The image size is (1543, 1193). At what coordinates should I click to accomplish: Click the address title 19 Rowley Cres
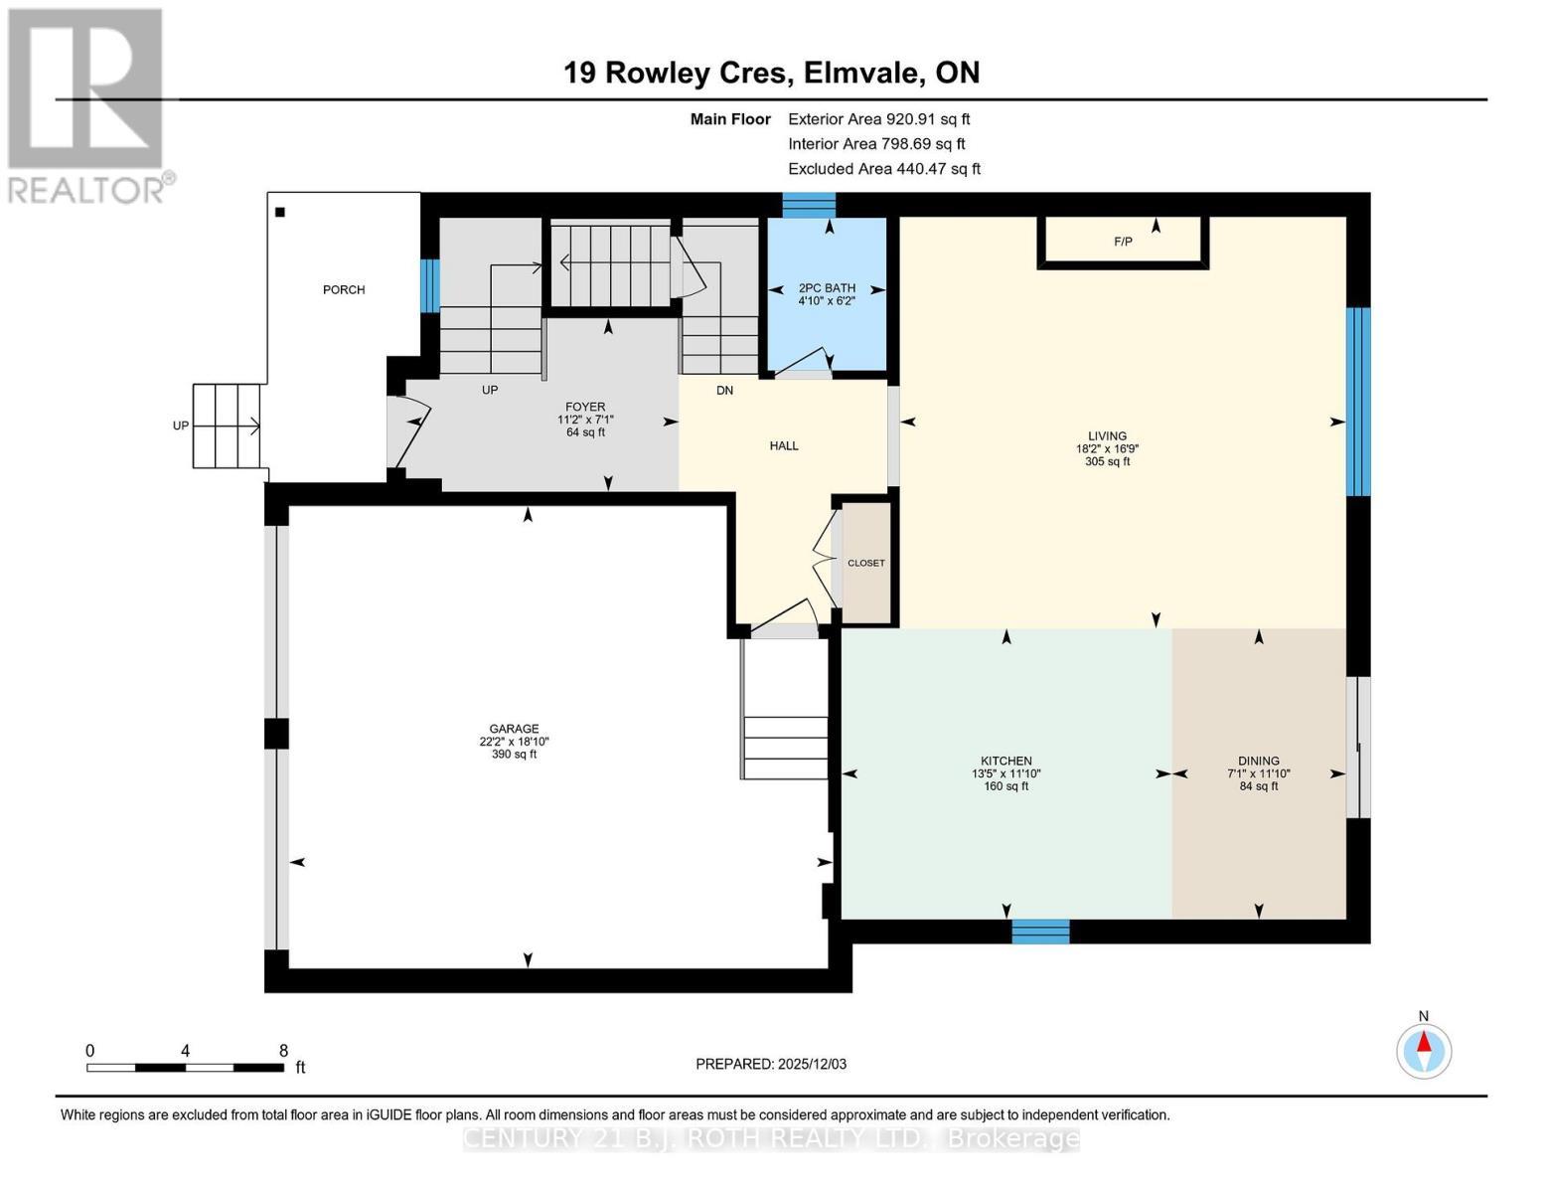[x=771, y=73]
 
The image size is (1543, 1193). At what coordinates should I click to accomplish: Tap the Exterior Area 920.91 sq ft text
[x=878, y=118]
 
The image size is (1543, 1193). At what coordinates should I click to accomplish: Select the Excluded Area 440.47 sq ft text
[x=883, y=169]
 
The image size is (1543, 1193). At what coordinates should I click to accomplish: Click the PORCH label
[x=344, y=290]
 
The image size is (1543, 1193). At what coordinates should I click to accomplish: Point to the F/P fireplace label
[x=1123, y=242]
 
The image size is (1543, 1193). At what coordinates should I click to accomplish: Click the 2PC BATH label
[x=827, y=288]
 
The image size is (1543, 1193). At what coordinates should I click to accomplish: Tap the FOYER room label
[x=585, y=407]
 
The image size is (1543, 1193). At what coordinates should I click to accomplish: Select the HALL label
[x=784, y=446]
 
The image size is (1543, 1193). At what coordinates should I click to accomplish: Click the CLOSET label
[x=865, y=563]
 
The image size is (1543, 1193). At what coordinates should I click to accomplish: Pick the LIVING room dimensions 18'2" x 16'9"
[x=1107, y=448]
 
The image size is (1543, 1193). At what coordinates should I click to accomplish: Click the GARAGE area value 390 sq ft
[x=514, y=755]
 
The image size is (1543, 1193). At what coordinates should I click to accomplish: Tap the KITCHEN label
[x=1005, y=761]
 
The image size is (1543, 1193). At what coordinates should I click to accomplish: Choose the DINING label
[x=1258, y=761]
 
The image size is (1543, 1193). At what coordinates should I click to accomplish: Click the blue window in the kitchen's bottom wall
[x=1040, y=932]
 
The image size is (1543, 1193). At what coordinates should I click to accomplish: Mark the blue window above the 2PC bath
[x=809, y=205]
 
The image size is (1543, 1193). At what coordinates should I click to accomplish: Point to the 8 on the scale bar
[x=283, y=1051]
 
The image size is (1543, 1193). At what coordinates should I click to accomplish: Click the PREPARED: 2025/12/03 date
[x=771, y=1064]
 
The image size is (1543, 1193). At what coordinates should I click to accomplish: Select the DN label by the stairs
[x=724, y=391]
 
